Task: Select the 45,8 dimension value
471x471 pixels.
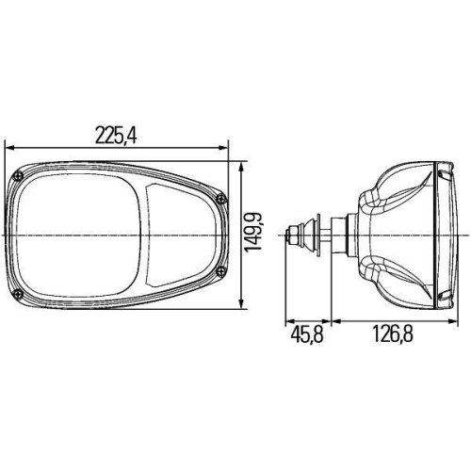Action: pyautogui.click(x=306, y=334)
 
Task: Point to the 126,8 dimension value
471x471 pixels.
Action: pyautogui.click(x=397, y=334)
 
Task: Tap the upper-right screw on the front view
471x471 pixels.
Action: pyautogui.click(x=219, y=198)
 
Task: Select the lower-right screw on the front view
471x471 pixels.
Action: pyautogui.click(x=219, y=270)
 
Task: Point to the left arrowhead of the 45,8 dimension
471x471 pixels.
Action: pyautogui.click(x=289, y=320)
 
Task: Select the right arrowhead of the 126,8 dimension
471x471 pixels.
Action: pyautogui.click(x=455, y=320)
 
